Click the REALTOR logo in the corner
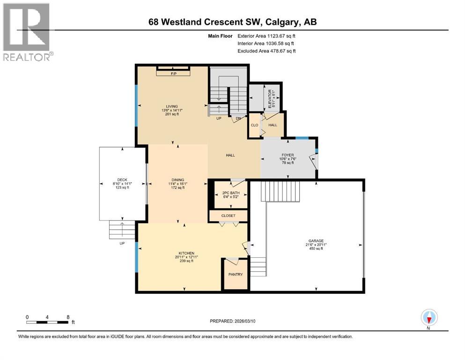(x=27, y=32)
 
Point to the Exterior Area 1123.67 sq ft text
(x=266, y=36)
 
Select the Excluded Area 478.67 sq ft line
(x=266, y=51)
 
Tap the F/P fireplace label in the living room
(x=173, y=74)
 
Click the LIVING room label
(x=171, y=106)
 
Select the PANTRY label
(x=236, y=274)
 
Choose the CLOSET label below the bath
(x=228, y=216)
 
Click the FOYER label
(x=287, y=155)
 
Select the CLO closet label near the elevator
(x=254, y=125)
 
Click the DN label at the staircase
(x=238, y=119)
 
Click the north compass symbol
(x=428, y=318)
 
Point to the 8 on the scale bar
(x=68, y=317)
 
